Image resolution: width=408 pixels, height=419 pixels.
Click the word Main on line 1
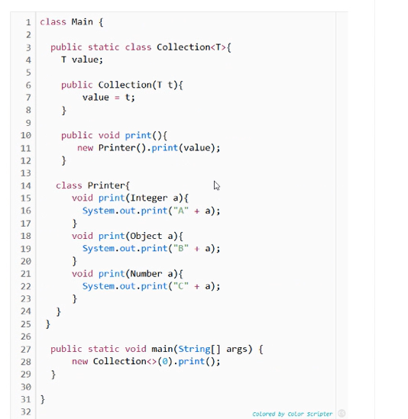pos(83,22)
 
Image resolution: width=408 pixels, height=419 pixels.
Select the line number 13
pos(26,173)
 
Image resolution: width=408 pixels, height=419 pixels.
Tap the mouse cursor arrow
pos(217,185)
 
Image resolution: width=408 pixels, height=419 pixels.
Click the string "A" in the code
pos(181,211)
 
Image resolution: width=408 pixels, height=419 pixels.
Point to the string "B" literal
pos(181,248)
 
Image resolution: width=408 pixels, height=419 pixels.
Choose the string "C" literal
pos(181,286)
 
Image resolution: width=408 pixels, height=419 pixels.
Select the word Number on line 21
pos(146,274)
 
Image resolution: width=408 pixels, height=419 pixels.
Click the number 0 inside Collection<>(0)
pos(165,362)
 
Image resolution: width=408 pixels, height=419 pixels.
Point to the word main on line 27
pos(162,349)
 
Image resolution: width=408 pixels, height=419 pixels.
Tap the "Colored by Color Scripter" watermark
pos(292,414)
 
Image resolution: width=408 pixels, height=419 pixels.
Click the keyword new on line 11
pos(85,148)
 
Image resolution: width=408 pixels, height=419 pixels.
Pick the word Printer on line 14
pos(106,185)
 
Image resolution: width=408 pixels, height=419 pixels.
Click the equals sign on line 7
pos(117,98)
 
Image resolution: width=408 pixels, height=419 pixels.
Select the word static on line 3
pos(104,47)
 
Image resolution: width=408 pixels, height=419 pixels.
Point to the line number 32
pos(26,412)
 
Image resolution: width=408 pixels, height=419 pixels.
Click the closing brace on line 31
pos(43,400)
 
